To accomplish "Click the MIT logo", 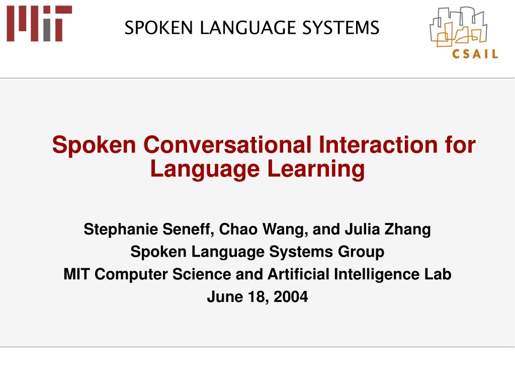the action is [39, 23].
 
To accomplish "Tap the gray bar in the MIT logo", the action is [47, 30].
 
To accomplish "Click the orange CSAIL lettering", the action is [475, 53].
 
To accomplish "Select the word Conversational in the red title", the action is [227, 144].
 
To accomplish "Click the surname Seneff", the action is [188, 229].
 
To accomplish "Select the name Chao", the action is [238, 229].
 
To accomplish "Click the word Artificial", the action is [299, 274].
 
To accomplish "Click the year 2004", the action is [291, 296].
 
